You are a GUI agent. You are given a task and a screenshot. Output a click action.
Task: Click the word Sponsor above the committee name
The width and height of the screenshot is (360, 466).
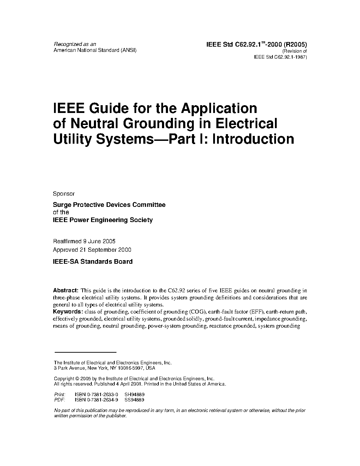[x=64, y=194]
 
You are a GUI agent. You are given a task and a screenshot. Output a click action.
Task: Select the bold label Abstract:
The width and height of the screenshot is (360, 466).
[x=66, y=291]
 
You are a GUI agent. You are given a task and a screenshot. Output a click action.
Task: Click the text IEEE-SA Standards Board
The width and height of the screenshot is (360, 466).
[x=93, y=262]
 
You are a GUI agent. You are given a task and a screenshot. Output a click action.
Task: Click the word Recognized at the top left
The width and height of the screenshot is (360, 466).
[x=65, y=44]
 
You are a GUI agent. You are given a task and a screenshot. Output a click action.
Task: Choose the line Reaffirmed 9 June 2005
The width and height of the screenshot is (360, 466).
[x=84, y=241]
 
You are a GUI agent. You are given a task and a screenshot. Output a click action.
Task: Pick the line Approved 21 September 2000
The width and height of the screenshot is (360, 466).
[x=92, y=250]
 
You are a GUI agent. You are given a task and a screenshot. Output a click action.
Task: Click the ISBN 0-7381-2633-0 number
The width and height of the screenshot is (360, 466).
[x=97, y=395]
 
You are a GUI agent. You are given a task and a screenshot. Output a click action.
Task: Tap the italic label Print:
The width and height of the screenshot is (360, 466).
[x=59, y=395]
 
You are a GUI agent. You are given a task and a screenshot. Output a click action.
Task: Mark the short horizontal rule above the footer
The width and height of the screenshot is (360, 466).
[x=85, y=352]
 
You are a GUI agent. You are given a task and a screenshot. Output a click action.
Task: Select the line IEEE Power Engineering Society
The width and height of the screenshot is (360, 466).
[x=103, y=220]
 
